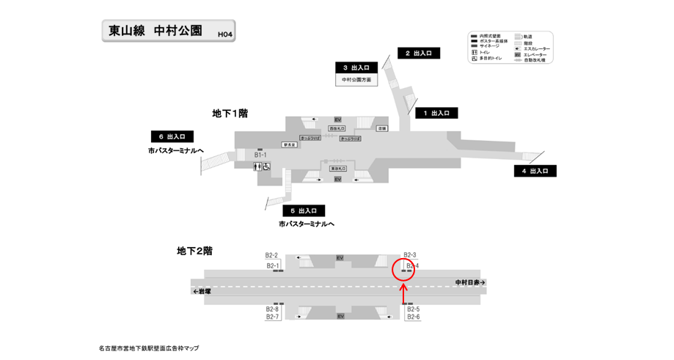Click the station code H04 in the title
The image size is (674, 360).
coord(224,33)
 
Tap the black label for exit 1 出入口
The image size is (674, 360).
coord(436,113)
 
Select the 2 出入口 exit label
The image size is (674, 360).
coord(419,53)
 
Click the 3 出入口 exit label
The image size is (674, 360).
coord(356,67)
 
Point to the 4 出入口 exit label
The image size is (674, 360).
coord(535,171)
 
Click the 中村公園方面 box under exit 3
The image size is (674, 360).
coord(356,79)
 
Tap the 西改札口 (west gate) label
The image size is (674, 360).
coord(337,128)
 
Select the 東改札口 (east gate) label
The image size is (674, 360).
coord(338,169)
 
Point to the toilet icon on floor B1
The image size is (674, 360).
coord(257,166)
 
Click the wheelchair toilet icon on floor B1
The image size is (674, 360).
coord(266,166)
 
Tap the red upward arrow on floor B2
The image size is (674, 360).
coord(403,293)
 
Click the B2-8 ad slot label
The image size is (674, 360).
coord(272,309)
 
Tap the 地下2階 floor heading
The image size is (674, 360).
coord(194,251)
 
